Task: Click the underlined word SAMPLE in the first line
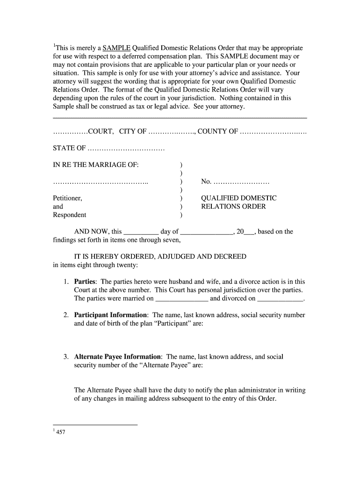pos(116,48)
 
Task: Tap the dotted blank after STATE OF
pos(126,149)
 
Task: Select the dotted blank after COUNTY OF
pos(273,131)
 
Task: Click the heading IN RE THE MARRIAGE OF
pos(96,165)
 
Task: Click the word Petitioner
pos(67,198)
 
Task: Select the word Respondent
pos(69,215)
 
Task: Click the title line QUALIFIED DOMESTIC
pos(239,198)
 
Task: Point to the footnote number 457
pos(60,432)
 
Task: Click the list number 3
pos(66,357)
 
